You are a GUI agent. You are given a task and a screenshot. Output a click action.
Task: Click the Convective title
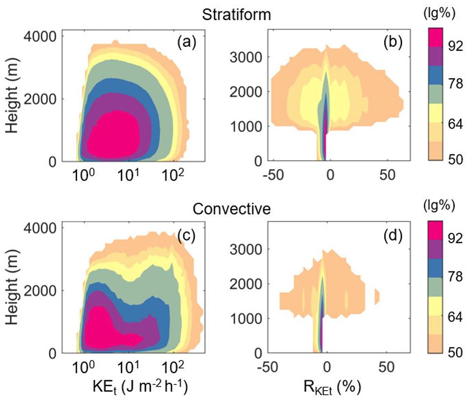231,209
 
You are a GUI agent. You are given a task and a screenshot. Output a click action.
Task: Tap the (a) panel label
187,44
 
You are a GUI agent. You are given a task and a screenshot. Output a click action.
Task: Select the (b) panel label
393,44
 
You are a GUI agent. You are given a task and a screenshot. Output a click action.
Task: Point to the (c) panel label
187,236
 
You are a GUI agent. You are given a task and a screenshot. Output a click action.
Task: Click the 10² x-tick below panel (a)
173,175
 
